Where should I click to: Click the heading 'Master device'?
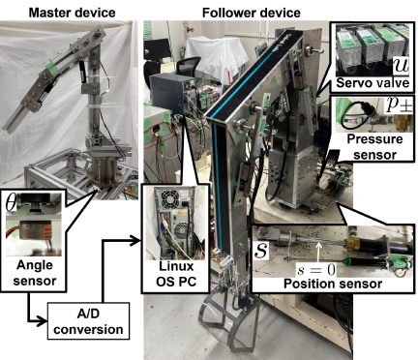tap(72, 13)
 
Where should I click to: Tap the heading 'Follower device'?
tap(252, 13)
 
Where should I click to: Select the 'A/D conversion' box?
tap(88, 320)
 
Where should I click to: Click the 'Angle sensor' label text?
tap(35, 273)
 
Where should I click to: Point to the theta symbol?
tap(11, 202)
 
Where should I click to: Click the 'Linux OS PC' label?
tap(176, 274)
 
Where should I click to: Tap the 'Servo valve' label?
tap(373, 83)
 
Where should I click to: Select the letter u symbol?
tap(401, 65)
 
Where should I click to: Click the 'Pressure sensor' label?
tap(374, 147)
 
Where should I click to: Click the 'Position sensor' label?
tap(333, 284)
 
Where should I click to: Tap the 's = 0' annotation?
tap(316, 270)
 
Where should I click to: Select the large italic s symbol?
tap(261, 250)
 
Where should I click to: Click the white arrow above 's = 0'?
tap(318, 253)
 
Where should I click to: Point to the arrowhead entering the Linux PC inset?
tap(136, 240)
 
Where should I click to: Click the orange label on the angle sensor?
tap(47, 230)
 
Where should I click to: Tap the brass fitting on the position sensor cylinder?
tap(350, 243)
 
